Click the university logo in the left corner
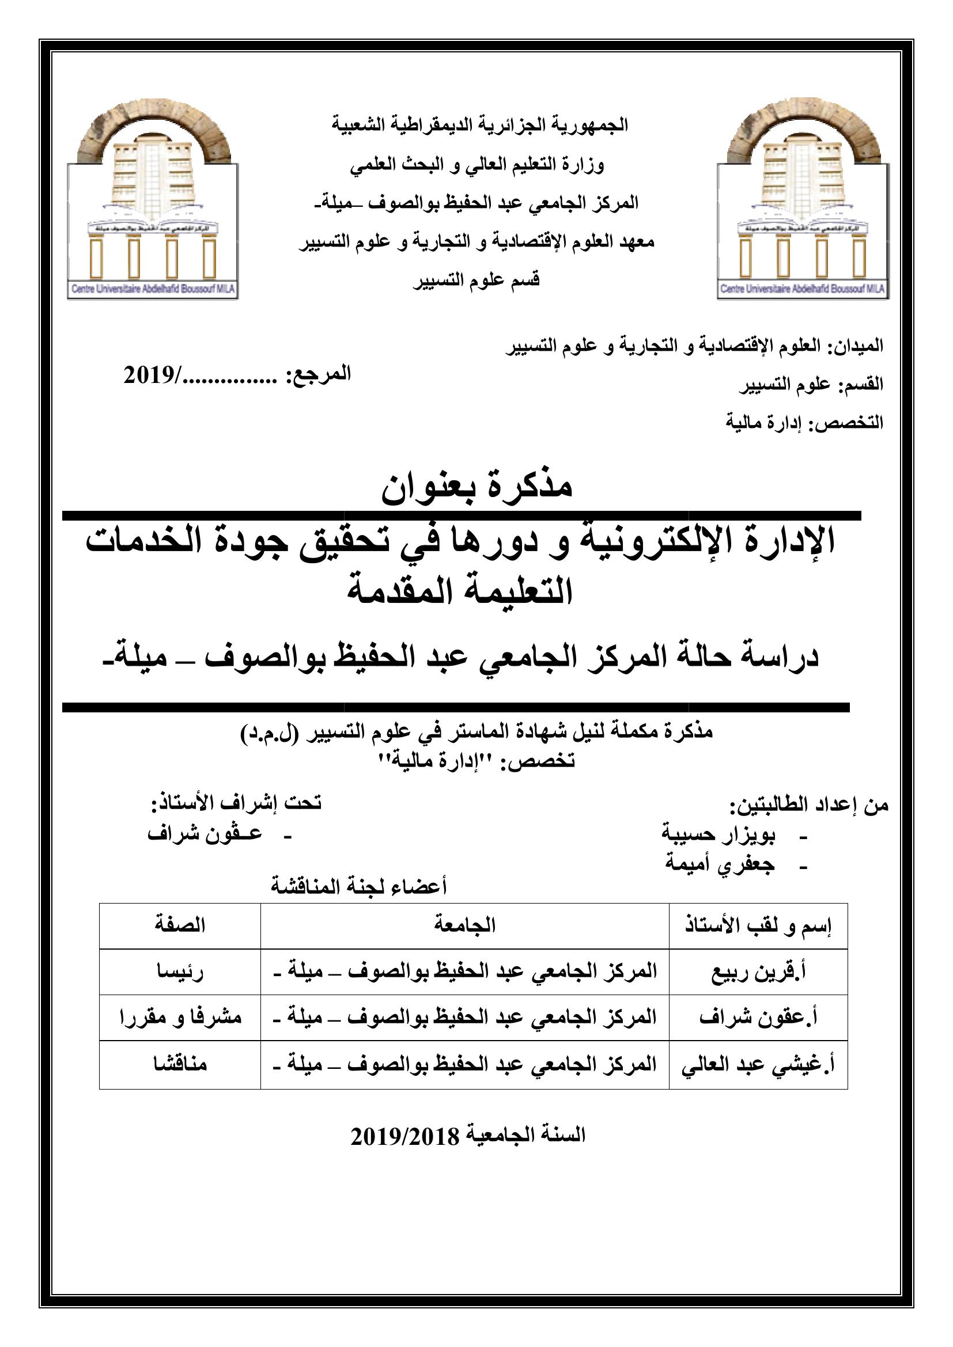[152, 206]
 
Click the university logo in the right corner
[802, 206]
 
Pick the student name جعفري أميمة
[720, 864]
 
